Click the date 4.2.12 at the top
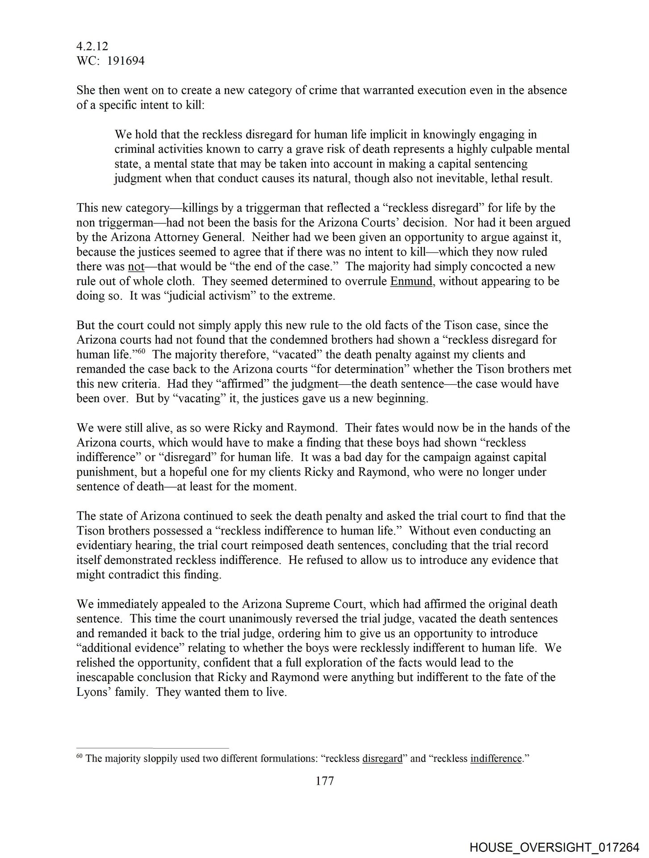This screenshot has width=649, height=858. pyautogui.click(x=92, y=46)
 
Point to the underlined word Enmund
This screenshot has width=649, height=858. pyautogui.click(x=411, y=282)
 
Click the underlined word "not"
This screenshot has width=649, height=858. pyautogui.click(x=136, y=267)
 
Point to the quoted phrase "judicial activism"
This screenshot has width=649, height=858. pyautogui.click(x=208, y=296)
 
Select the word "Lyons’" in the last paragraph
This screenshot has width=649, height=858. pyautogui.click(x=93, y=692)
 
